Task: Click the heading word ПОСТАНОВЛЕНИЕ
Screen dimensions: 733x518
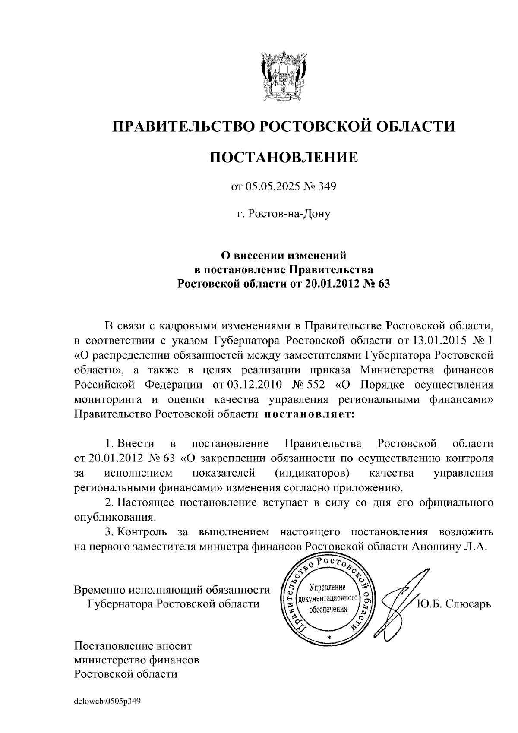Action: (284, 157)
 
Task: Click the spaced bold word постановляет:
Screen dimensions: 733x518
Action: (309, 414)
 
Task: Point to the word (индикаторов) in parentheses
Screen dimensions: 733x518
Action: (312, 473)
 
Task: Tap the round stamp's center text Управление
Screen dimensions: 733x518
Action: (328, 588)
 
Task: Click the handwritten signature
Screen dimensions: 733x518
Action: (397, 598)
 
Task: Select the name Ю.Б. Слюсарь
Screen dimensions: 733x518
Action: (453, 603)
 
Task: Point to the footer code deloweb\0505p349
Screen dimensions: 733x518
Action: (107, 701)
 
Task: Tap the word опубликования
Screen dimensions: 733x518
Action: (114, 517)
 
